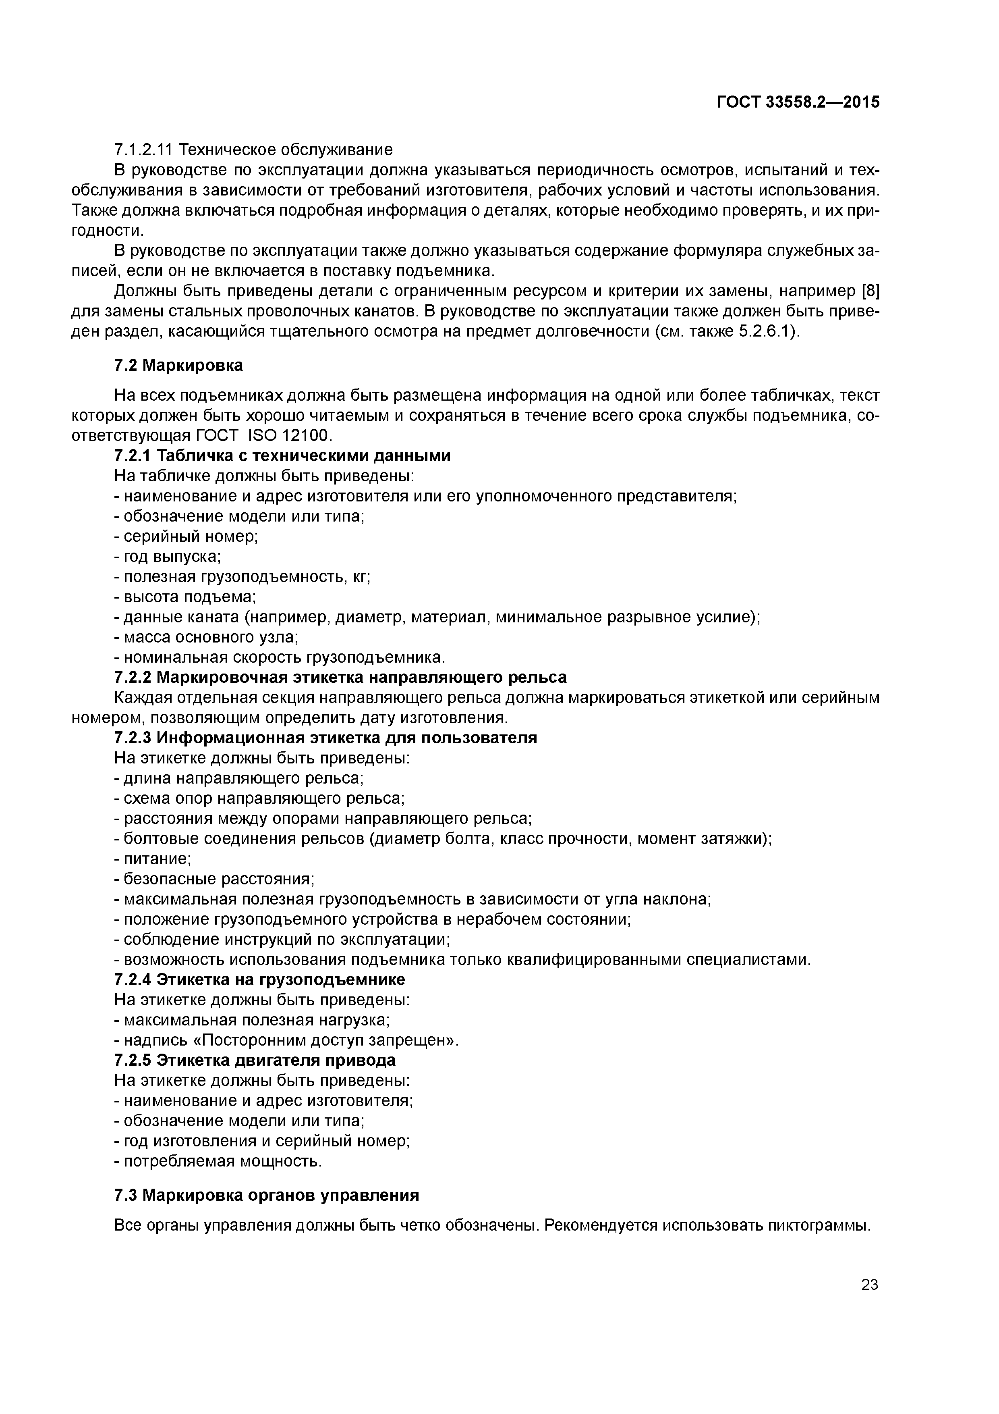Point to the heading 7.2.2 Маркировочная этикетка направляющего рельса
point(340,678)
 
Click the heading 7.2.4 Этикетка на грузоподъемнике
point(260,979)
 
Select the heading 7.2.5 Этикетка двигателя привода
point(255,1060)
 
